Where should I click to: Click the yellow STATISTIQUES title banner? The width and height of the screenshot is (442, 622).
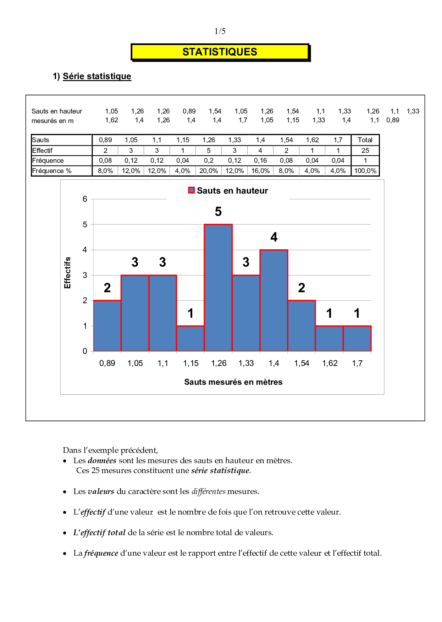[220, 52]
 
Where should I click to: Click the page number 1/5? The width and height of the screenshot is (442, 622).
[220, 31]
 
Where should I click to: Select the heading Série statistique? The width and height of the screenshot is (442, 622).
[97, 76]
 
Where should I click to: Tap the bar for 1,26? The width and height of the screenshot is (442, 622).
[218, 287]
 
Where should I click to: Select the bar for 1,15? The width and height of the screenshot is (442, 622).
[190, 338]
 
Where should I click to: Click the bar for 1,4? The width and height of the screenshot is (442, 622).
[274, 300]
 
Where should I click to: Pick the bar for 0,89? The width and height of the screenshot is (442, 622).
[107, 326]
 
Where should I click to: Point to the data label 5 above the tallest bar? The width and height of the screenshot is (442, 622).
[218, 212]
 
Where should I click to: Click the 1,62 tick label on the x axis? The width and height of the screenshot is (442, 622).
[330, 363]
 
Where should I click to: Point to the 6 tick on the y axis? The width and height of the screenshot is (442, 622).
[85, 199]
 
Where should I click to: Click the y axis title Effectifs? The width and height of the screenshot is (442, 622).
[67, 272]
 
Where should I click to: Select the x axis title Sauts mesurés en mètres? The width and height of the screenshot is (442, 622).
[233, 382]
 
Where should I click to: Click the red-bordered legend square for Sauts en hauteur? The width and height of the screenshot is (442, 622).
[192, 190]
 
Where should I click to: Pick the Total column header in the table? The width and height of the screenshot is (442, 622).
[365, 140]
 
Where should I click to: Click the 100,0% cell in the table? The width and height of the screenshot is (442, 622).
[365, 171]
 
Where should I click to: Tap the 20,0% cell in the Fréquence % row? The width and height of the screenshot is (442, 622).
[209, 171]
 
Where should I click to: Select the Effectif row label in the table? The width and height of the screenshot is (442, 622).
[43, 150]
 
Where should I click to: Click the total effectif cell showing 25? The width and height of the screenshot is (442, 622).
[365, 150]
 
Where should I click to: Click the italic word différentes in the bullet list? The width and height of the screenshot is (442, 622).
[209, 492]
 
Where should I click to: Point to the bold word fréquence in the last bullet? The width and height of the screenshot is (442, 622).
[101, 553]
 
